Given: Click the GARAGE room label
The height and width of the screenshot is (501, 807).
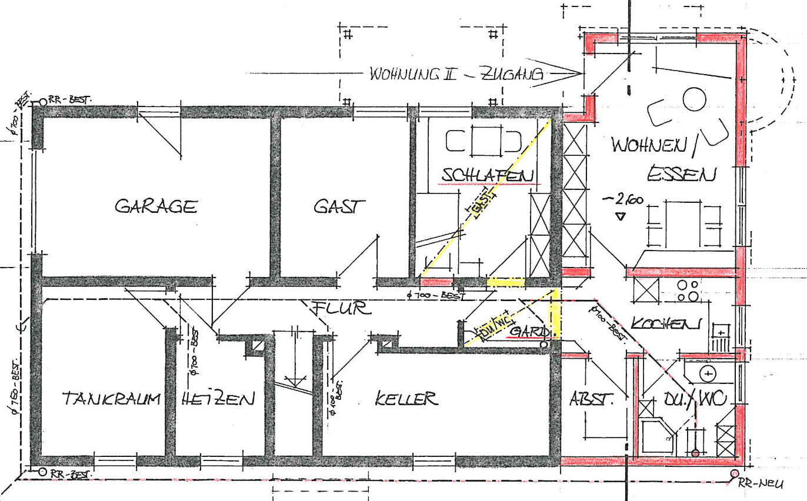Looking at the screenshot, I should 156,206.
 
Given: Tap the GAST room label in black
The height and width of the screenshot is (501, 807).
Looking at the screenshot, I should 339,206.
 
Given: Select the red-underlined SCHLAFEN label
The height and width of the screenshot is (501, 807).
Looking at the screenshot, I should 488,175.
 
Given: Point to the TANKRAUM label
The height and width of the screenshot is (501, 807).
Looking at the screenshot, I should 111,399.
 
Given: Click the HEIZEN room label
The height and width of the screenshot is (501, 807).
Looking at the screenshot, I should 218,399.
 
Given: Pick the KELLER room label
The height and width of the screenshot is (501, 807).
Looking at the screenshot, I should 406,399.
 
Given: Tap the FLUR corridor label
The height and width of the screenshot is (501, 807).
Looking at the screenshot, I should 341,308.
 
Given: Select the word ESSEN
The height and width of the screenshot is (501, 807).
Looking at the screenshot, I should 682,175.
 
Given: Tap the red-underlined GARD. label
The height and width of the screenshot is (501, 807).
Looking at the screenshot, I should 531,332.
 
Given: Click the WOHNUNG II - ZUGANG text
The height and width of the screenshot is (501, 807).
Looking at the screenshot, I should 456,74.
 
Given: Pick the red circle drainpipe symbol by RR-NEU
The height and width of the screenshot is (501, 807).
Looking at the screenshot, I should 734,474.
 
